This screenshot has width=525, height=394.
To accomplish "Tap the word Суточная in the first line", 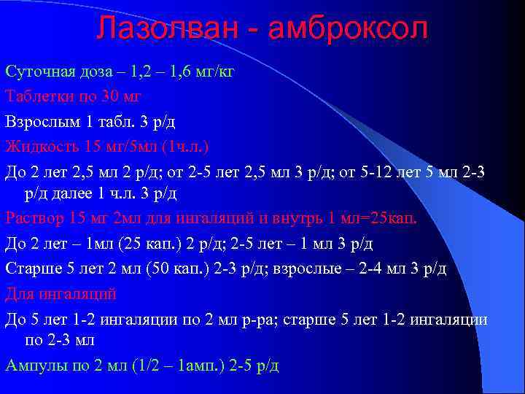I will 37,72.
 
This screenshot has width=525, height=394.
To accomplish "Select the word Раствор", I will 33,218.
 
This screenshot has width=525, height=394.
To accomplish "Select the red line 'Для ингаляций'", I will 61,293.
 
